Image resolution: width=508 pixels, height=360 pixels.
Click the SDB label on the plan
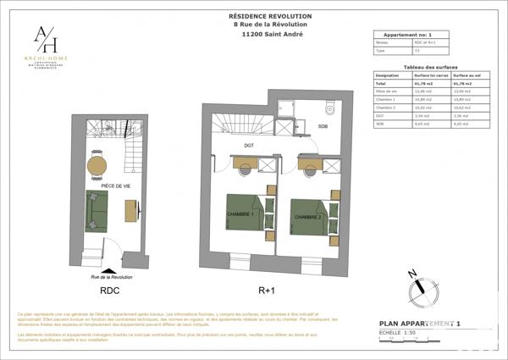point(323,126)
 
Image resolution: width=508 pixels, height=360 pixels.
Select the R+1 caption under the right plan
point(267,290)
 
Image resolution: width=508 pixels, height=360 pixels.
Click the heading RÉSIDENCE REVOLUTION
point(270,16)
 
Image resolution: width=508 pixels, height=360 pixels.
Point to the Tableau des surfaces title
point(431,67)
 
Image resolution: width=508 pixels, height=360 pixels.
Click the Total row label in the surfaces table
point(381,84)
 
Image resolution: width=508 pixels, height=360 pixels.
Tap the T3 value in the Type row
point(416,51)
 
